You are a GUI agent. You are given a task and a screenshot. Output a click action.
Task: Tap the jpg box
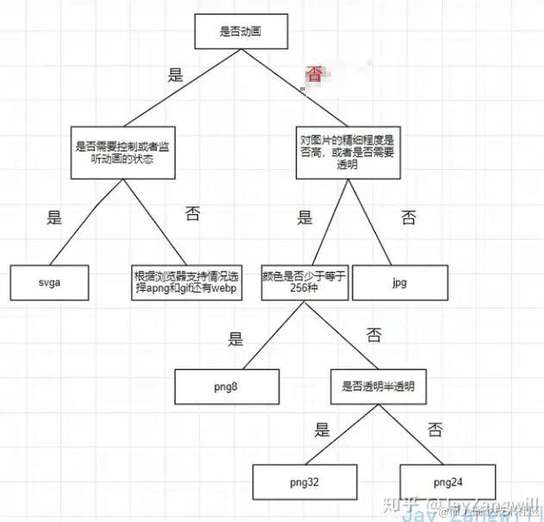pos(400,282)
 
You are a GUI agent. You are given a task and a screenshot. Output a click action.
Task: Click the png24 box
pos(447,480)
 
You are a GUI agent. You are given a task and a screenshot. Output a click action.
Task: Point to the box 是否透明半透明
pos(378,387)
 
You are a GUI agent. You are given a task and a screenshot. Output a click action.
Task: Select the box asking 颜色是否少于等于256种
pos(304,282)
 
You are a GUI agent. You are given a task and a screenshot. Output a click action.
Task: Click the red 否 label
pos(315,75)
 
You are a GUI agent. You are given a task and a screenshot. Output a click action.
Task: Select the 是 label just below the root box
pos(176,75)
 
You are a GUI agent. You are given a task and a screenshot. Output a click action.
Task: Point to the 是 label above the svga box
pos(54,218)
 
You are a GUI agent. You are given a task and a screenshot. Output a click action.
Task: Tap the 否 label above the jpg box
pos(408,218)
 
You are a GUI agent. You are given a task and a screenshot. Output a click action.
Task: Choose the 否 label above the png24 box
pos(435,429)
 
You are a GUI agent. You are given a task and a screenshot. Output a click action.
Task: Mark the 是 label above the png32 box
pos(322,429)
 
